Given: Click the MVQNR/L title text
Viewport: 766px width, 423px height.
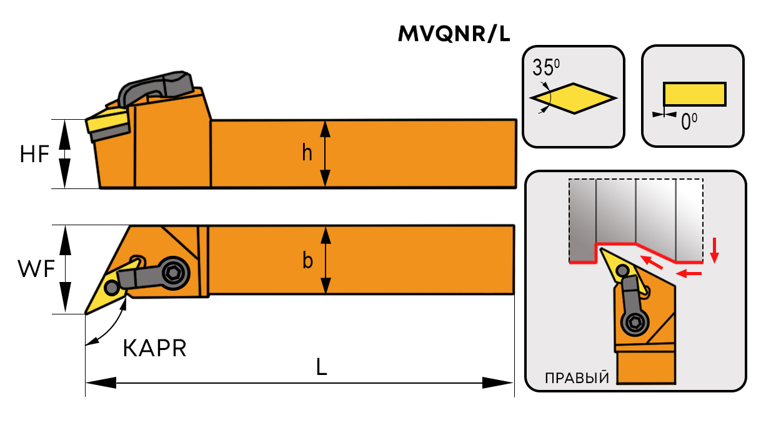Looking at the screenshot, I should pos(454,34).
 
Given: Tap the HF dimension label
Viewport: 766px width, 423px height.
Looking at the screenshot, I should pos(34,153).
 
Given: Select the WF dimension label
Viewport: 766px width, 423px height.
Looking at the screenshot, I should pos(35,269).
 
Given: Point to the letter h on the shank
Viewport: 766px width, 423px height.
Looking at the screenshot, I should pos(307,153).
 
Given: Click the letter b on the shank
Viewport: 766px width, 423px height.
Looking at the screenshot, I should pos(307,260).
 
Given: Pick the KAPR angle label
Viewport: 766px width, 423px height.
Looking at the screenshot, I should pos(154,349).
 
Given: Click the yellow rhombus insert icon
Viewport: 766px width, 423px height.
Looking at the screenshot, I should pos(574,99).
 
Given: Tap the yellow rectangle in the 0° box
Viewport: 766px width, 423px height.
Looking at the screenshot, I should pos(694,94).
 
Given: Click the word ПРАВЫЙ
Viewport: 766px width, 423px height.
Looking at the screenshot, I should pos(577,378).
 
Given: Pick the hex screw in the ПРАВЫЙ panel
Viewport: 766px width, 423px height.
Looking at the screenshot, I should pos(634,323).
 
